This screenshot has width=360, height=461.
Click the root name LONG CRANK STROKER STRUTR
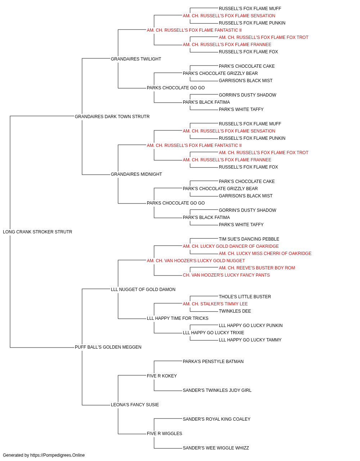(37, 232)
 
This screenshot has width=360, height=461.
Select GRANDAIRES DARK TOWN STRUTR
(112, 117)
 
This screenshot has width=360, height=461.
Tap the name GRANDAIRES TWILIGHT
(136, 59)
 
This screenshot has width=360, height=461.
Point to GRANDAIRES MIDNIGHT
(136, 174)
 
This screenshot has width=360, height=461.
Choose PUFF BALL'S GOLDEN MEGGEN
(108, 347)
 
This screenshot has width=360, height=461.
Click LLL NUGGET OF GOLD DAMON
(143, 290)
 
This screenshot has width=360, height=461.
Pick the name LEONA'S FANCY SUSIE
(135, 405)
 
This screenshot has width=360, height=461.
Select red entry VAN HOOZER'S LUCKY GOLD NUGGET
(196, 261)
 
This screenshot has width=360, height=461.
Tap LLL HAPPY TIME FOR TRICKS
(178, 318)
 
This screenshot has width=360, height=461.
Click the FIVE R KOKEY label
(162, 376)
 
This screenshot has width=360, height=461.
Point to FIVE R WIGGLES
(165, 434)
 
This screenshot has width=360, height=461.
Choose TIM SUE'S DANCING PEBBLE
(249, 239)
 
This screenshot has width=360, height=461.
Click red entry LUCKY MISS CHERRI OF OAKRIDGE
(265, 254)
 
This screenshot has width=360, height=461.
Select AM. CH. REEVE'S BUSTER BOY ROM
(257, 268)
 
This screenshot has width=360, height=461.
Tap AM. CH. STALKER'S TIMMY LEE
(215, 304)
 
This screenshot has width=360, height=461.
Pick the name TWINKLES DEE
(235, 311)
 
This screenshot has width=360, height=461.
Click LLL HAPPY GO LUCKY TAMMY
(250, 340)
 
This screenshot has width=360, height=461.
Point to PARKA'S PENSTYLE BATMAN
(213, 362)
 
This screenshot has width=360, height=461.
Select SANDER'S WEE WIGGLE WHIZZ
(216, 448)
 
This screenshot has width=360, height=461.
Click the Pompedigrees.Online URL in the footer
(58, 455)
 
